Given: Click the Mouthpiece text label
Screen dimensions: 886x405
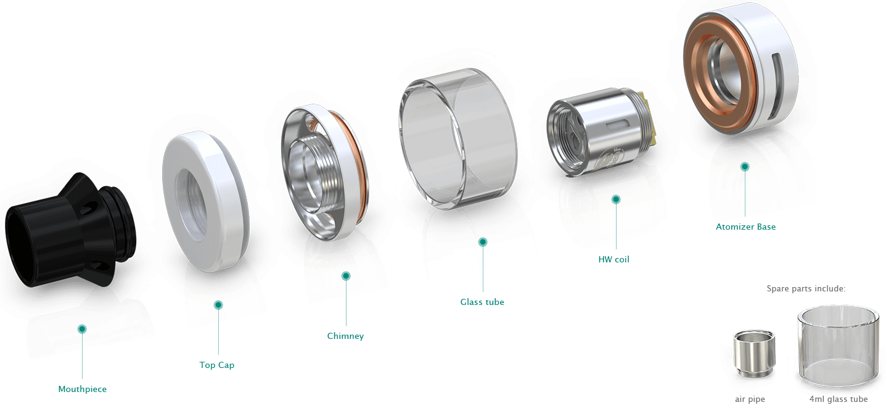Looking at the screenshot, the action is coord(82,389).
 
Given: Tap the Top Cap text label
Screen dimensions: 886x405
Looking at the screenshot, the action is coord(217,365).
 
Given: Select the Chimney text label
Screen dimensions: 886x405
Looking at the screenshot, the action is coord(345,336).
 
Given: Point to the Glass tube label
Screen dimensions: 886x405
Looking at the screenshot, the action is coord(482,302).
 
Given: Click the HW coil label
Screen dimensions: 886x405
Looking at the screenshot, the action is coord(613,260).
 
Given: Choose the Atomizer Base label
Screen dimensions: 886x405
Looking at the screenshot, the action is coord(745,227).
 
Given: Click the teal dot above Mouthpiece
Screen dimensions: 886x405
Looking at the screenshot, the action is coord(82,329).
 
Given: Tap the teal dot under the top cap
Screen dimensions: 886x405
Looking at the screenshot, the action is coord(218,305).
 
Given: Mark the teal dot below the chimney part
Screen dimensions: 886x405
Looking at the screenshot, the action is coord(346,276).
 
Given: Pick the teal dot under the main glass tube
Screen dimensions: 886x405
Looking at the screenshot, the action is coord(483,242).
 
